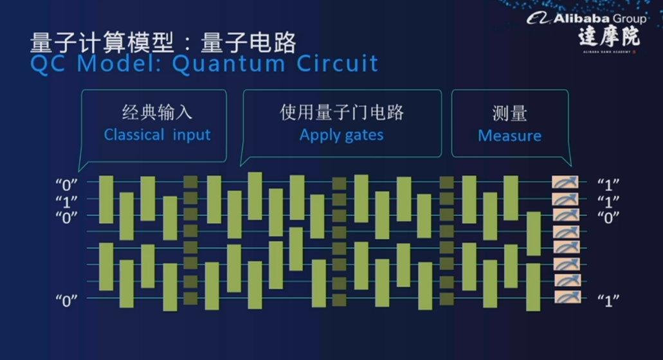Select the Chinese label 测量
(x=509, y=114)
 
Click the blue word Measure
(x=509, y=136)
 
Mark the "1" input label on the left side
(x=66, y=201)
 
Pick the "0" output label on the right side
(x=608, y=217)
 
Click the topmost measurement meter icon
(x=566, y=183)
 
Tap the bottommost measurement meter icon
(x=566, y=297)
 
